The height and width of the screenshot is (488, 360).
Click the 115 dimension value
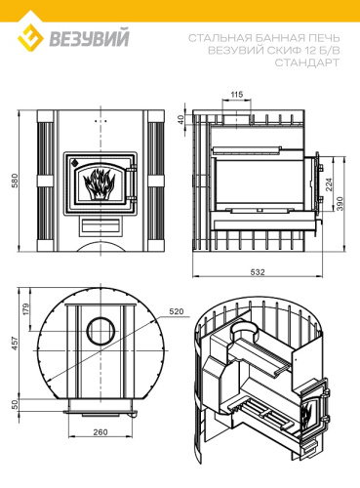click(236, 94)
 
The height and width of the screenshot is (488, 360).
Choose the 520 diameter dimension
click(176, 311)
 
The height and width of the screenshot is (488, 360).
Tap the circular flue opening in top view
click(100, 331)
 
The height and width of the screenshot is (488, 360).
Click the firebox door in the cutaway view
click(311, 409)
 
